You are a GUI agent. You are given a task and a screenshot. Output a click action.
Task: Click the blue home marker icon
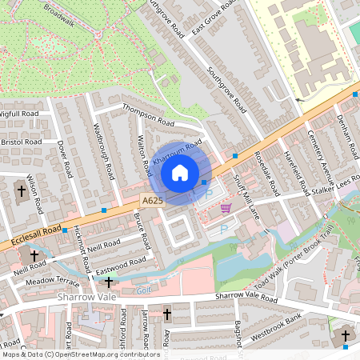tap(181, 172)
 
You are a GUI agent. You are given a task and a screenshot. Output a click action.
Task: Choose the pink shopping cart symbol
tap(226, 208)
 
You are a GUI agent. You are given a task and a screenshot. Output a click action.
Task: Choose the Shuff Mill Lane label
tap(239, 194)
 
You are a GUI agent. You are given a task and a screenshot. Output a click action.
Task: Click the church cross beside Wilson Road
tap(22, 191)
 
